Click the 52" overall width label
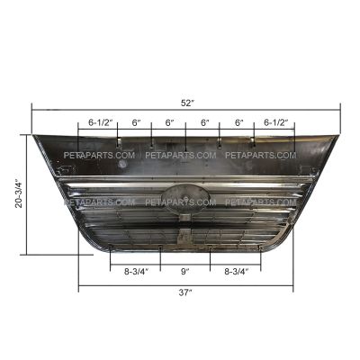(x=186, y=103)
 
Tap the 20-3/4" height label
(x=20, y=194)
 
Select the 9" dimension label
(x=185, y=272)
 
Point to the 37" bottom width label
(x=185, y=292)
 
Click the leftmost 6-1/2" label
(x=100, y=122)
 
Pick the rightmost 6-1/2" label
(x=276, y=122)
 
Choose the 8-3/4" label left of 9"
(x=137, y=272)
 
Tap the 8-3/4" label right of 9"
(x=237, y=272)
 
